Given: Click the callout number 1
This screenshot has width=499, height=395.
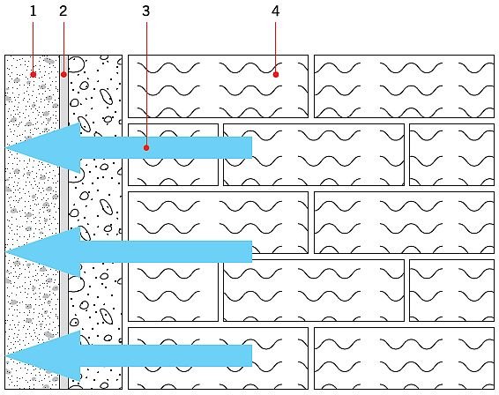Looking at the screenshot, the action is click(x=34, y=11).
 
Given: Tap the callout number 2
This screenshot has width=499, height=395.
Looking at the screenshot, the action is click(x=63, y=11).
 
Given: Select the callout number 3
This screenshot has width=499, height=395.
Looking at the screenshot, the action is click(x=145, y=11).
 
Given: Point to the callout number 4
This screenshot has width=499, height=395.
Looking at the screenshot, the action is click(x=276, y=11).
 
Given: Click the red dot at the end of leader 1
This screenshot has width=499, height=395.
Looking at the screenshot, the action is click(x=34, y=74).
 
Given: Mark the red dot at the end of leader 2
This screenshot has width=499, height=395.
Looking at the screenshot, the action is click(x=63, y=74).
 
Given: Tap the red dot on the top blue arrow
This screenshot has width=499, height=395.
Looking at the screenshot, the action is click(x=146, y=148).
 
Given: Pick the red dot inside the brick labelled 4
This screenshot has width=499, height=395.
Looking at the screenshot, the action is click(x=276, y=74).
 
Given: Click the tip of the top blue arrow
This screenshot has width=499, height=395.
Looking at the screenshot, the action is click(x=5, y=148).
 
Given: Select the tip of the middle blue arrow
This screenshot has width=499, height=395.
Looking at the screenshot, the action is click(x=5, y=252).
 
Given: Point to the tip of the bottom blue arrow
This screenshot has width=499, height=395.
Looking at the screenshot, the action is click(x=5, y=356).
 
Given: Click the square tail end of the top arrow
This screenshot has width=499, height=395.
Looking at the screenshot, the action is click(x=252, y=148).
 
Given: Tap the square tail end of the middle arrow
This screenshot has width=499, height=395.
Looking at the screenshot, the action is click(x=252, y=252).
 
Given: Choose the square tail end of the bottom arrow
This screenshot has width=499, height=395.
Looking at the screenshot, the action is click(x=252, y=356).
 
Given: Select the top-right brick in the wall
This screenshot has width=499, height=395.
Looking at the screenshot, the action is click(x=404, y=86).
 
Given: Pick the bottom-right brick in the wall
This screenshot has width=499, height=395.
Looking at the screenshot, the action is click(x=404, y=358).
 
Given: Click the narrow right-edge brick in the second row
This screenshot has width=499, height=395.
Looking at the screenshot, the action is click(x=452, y=154).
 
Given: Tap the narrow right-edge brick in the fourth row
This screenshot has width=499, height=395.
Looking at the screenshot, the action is click(x=452, y=290).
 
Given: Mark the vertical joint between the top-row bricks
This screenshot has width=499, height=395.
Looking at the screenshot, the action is click(x=311, y=86).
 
